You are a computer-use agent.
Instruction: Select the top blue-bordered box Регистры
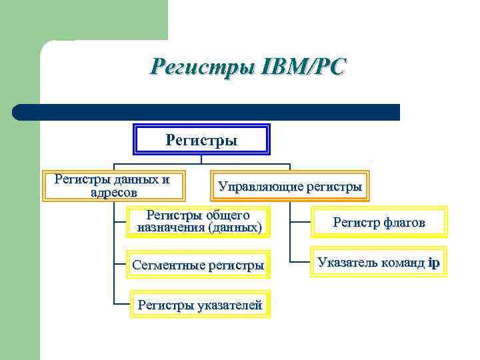(201, 140)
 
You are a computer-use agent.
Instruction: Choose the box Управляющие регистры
(289, 186)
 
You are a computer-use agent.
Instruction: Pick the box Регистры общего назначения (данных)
(199, 221)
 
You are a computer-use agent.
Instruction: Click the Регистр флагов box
(379, 223)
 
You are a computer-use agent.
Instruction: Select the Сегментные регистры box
(198, 265)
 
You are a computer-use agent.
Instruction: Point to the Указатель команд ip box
(379, 262)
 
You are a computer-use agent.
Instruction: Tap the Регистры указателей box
(199, 305)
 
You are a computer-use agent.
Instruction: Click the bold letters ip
(434, 262)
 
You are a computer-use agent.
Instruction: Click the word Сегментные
(169, 265)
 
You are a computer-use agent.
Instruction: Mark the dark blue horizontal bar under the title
(207, 111)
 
